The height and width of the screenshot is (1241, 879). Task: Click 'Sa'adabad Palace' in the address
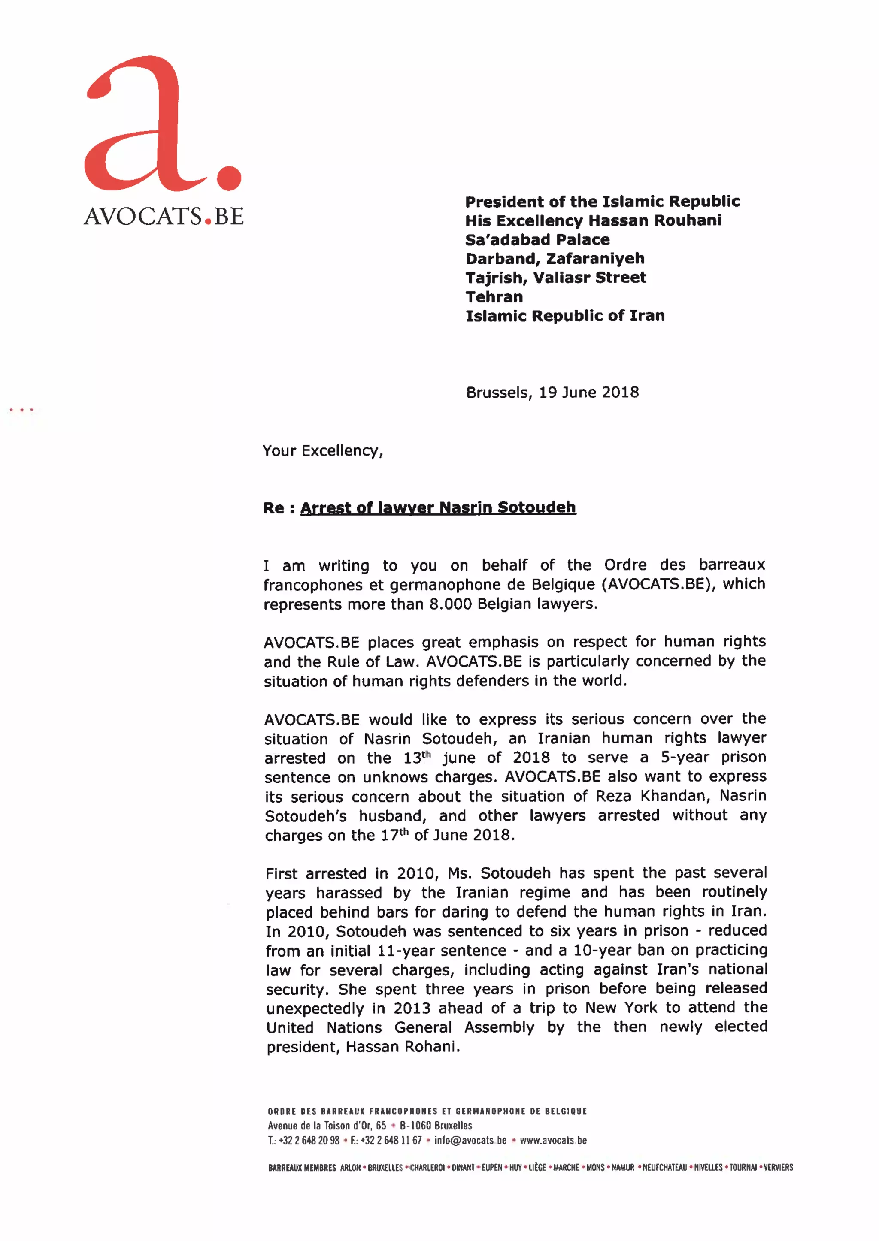point(537,240)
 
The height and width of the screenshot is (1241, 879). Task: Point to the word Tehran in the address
point(494,297)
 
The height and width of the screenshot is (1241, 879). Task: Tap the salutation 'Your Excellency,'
point(323,451)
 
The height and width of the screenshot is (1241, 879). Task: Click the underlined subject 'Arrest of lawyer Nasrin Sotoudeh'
point(437,507)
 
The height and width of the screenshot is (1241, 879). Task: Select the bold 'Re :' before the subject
point(278,508)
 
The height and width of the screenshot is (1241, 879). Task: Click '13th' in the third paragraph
point(416,758)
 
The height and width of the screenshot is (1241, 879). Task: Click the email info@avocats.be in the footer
point(470,1140)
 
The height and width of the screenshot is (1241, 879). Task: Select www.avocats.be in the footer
point(553,1140)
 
